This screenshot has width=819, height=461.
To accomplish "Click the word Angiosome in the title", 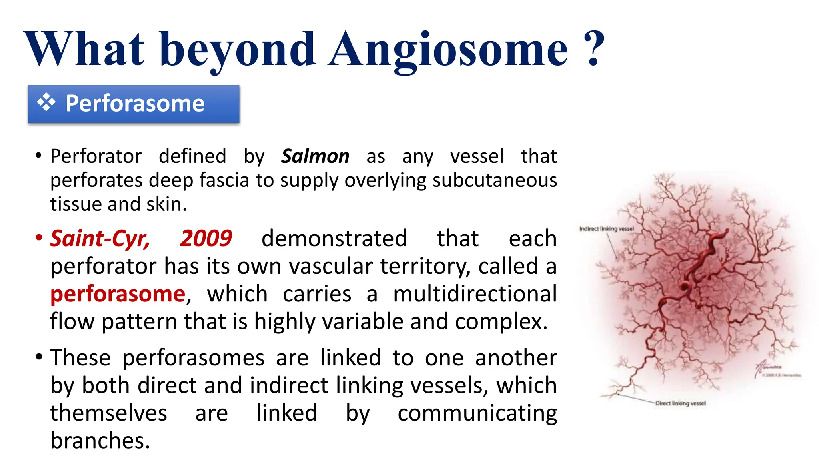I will (448, 50).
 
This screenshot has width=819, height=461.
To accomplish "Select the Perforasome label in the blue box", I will (135, 104).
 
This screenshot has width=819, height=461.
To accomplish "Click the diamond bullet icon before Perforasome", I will (46, 102).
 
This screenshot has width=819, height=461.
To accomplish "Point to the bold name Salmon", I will (315, 156).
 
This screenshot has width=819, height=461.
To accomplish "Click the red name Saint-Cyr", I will (100, 239).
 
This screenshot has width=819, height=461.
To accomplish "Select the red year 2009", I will (206, 239).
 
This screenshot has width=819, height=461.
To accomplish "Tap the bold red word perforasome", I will (118, 294).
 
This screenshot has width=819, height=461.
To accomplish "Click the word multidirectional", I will (475, 294).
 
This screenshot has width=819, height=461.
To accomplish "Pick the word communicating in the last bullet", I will (477, 413).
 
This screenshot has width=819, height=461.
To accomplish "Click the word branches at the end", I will (100, 441).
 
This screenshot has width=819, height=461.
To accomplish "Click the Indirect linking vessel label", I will (606, 229).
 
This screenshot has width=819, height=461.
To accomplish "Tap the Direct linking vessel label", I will (680, 403).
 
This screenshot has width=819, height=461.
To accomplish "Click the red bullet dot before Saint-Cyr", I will (39, 238).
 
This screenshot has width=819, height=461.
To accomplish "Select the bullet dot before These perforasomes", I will (39, 357).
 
